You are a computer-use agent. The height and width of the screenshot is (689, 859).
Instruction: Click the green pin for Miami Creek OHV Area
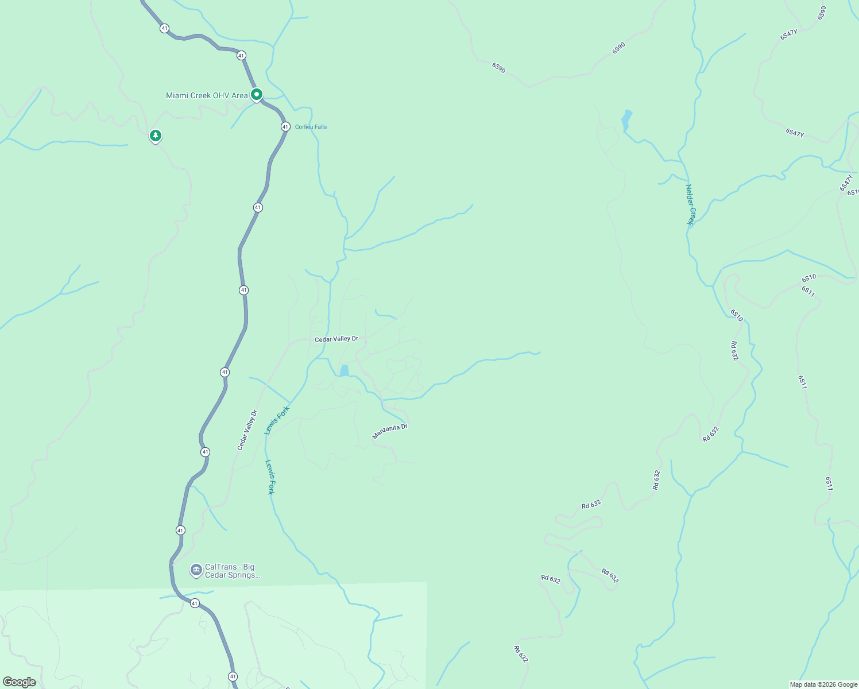tap(257, 95)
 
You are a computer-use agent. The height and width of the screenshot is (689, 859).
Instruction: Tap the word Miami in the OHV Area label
tap(177, 95)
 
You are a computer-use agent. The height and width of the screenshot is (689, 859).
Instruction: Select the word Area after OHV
tap(241, 95)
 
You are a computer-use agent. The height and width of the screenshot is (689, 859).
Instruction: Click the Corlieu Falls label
tap(311, 127)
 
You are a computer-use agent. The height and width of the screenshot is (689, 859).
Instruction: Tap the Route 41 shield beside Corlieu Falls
tap(285, 126)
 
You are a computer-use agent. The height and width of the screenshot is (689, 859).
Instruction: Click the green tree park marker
tap(155, 136)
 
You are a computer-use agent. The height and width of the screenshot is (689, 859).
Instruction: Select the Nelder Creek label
tap(690, 205)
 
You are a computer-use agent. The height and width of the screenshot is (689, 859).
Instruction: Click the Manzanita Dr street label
tap(389, 431)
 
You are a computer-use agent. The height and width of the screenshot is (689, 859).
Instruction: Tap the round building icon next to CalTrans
tap(196, 570)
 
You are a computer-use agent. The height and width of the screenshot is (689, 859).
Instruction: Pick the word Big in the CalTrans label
tap(248, 567)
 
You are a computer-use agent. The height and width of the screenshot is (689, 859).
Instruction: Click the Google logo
tap(19, 682)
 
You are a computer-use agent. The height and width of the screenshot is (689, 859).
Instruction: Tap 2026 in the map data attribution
tap(827, 684)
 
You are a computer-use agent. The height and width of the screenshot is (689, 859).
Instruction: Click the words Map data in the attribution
tap(802, 684)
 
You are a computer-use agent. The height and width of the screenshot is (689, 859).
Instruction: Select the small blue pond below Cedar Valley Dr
tap(344, 371)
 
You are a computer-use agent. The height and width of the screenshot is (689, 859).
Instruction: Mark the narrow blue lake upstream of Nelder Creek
tap(626, 121)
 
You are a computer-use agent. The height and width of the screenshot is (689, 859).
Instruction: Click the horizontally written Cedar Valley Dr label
tap(336, 339)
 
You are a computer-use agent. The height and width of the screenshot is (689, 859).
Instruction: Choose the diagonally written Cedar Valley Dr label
tap(247, 430)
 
